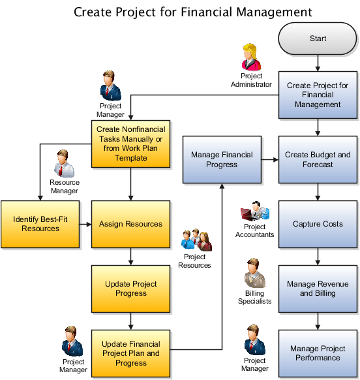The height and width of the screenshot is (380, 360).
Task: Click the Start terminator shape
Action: coord(318,39)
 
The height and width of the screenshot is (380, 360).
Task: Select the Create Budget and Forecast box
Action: coord(318,159)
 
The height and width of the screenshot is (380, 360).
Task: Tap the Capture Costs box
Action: coord(318,224)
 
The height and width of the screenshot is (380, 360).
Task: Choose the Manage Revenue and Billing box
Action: coord(318,289)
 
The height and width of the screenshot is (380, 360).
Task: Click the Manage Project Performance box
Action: coord(318,353)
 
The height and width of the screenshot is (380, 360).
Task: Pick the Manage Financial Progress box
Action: coord(222,159)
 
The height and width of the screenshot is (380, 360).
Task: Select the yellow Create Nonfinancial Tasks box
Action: coord(131,144)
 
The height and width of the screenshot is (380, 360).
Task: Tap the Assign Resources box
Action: coord(131,224)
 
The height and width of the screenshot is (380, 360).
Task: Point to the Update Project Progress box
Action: coord(131,289)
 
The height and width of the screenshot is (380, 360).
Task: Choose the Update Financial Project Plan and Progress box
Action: coord(131,353)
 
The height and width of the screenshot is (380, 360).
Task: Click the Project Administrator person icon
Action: coord(250,57)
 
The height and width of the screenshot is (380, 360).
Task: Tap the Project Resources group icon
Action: coord(195,241)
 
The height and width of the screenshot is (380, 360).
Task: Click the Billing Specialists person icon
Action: coord(255,275)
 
